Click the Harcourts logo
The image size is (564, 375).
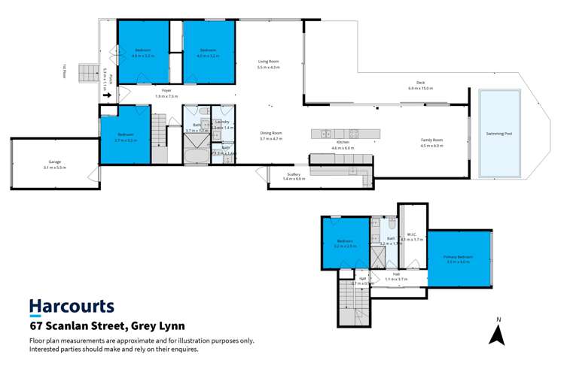click(x=72, y=307)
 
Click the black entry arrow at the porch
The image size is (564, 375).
click(x=108, y=95)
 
